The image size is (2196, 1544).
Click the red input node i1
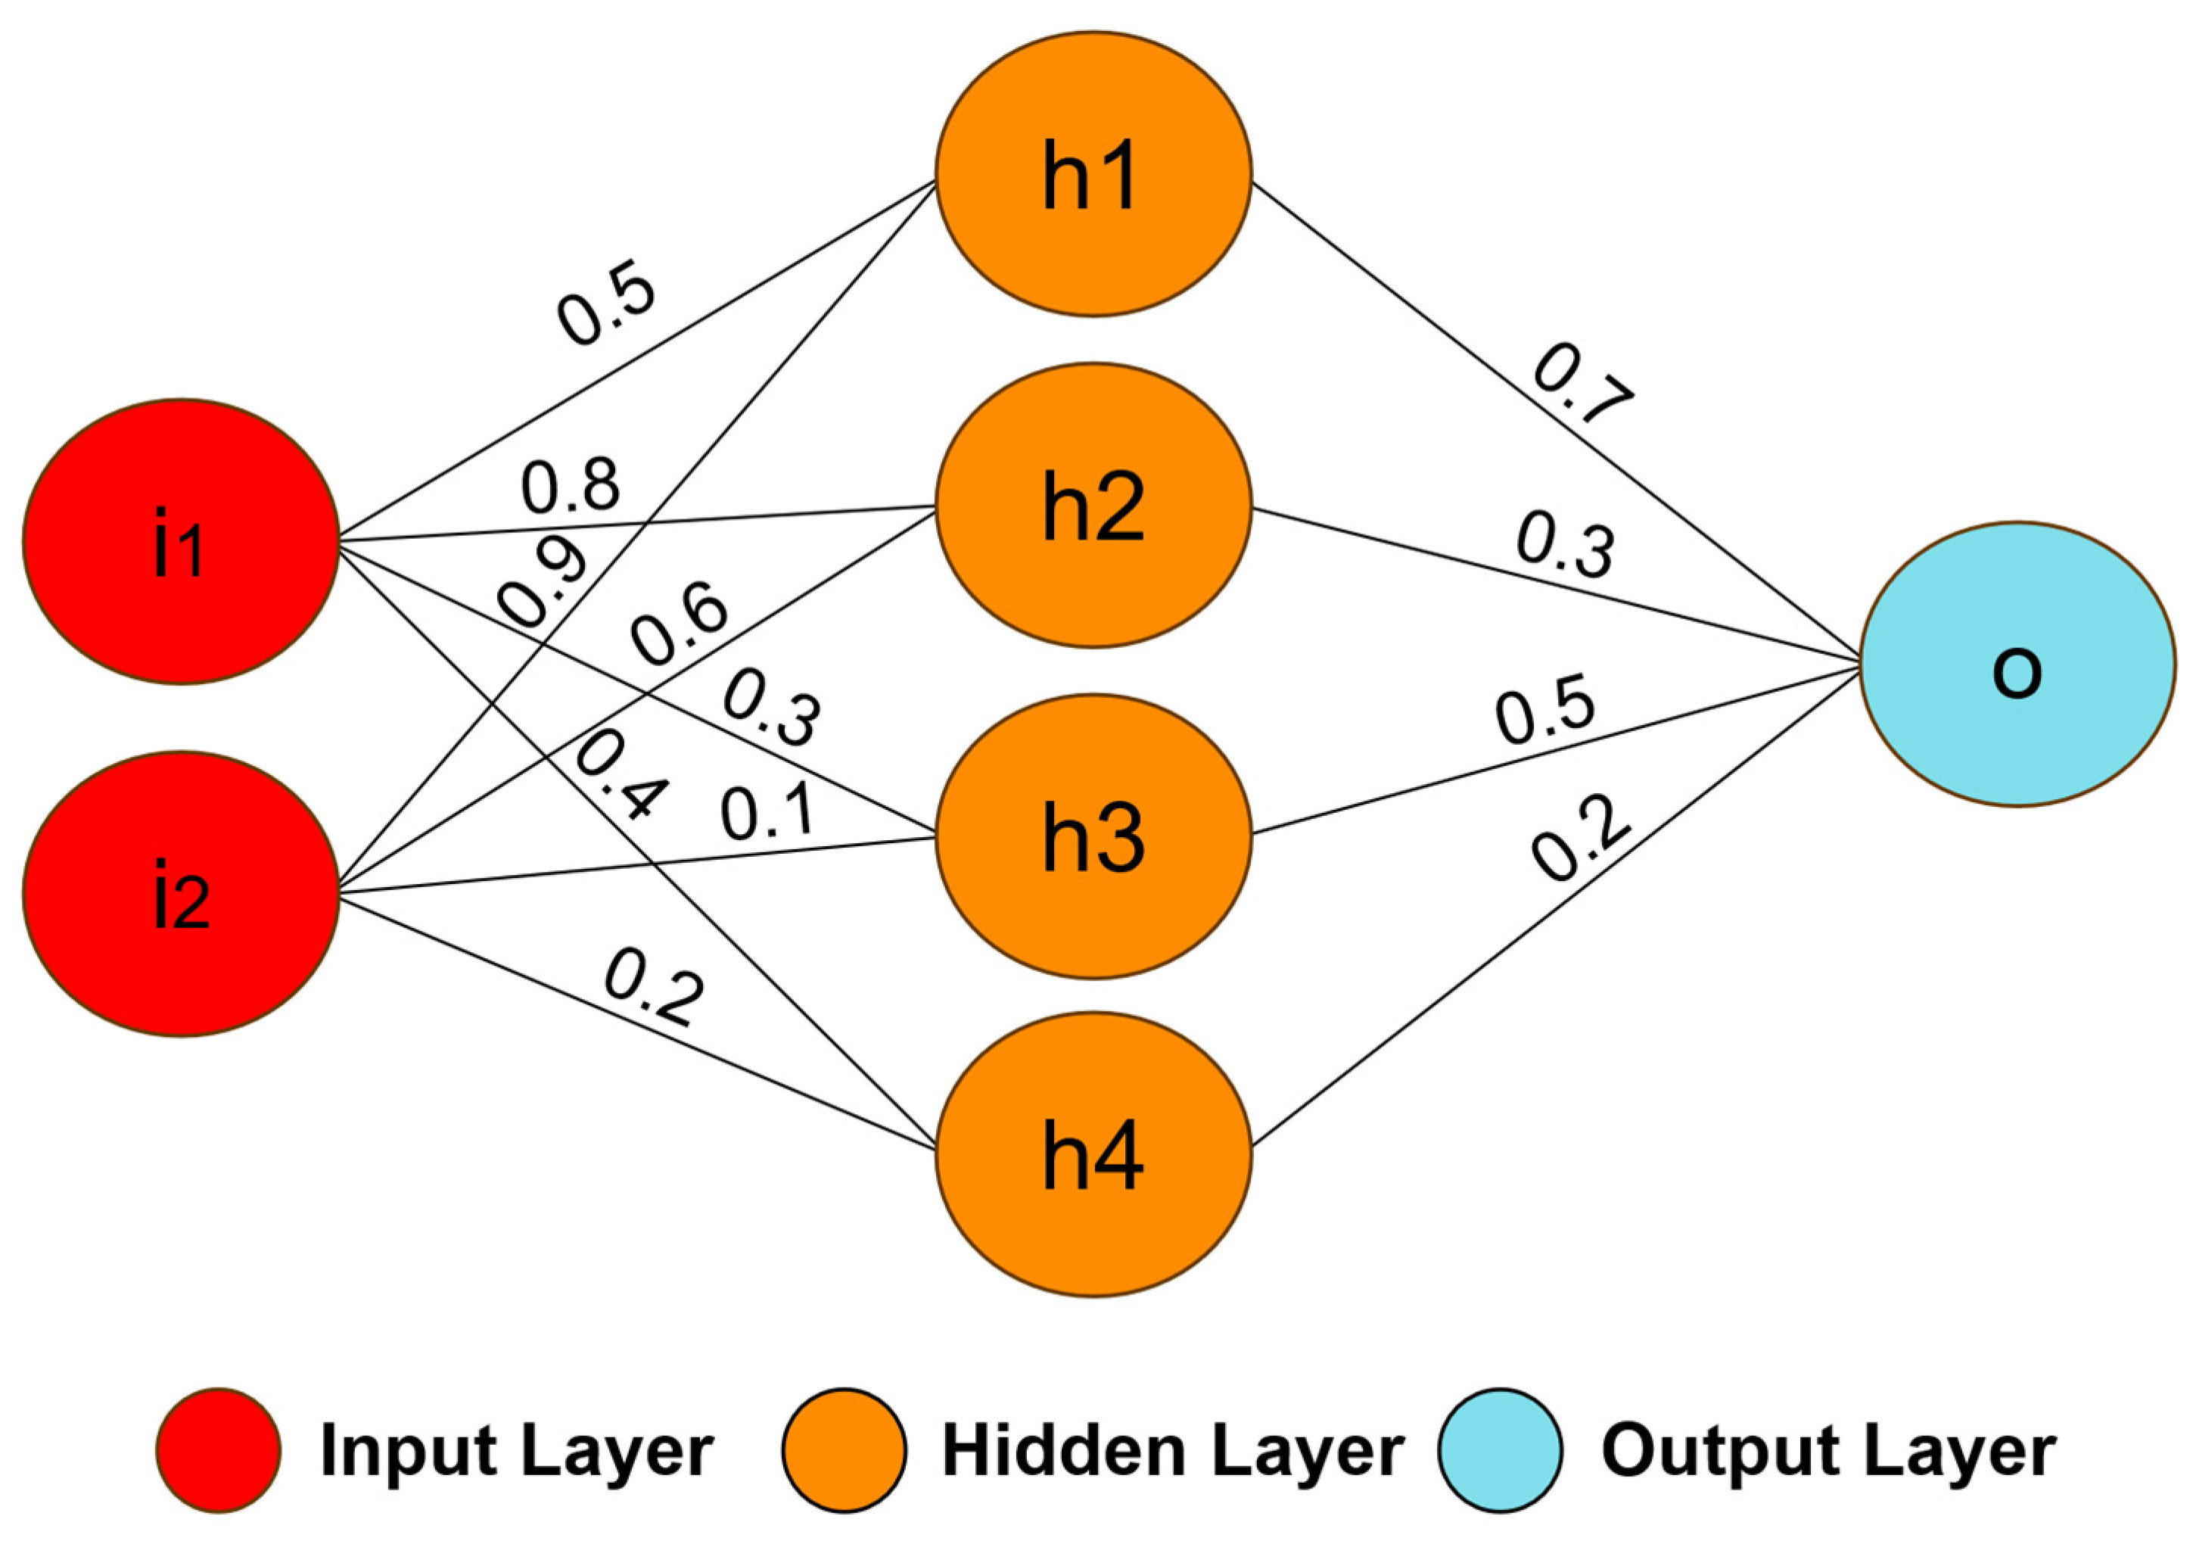[x=181, y=541]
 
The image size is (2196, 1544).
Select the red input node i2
[x=181, y=894]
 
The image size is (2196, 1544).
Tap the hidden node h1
[x=1093, y=174]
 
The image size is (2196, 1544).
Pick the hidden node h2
[x=1093, y=505]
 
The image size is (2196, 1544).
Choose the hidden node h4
[x=1093, y=1156]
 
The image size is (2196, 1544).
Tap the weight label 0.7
[x=1583, y=384]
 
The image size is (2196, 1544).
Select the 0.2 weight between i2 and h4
[x=655, y=986]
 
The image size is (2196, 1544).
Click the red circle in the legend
[x=219, y=1450]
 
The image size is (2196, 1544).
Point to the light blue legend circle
[x=1500, y=1450]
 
